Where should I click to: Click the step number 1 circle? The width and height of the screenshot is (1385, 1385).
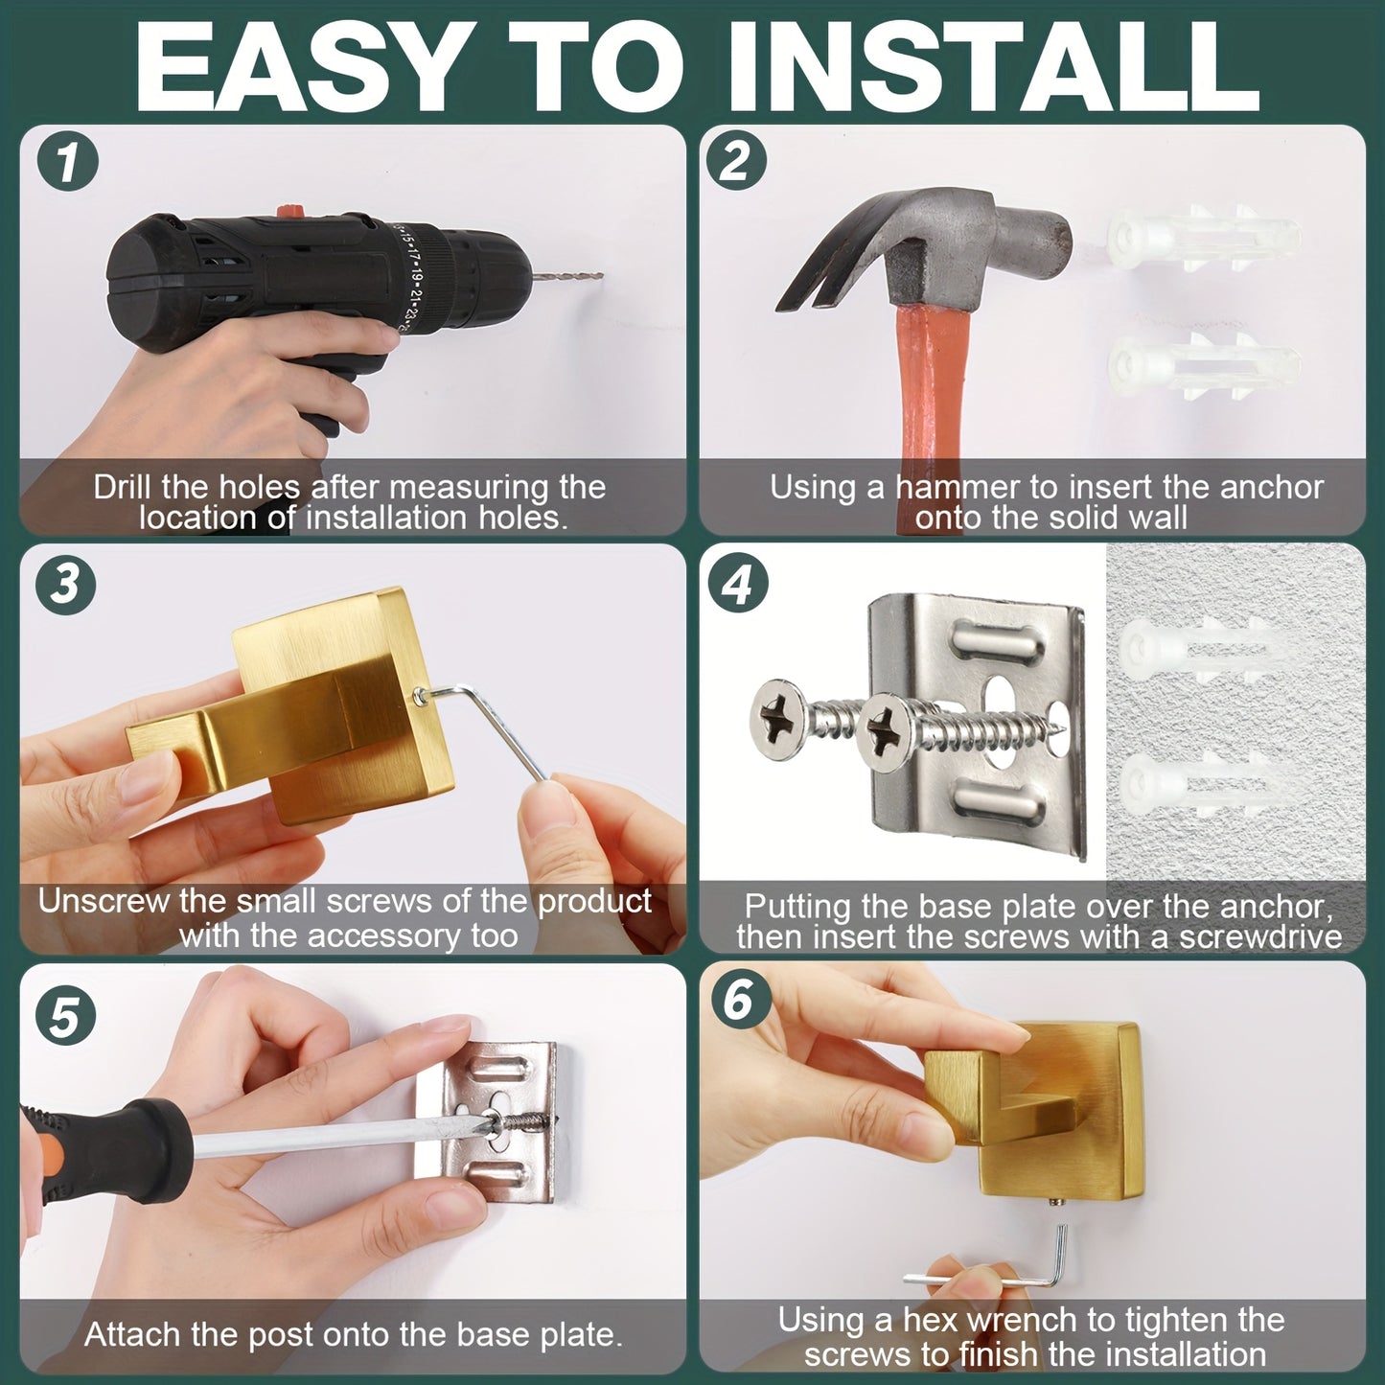click(x=67, y=160)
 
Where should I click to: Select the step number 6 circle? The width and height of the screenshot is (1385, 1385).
click(x=738, y=1000)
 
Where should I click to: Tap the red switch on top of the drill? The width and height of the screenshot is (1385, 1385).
click(x=288, y=211)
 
